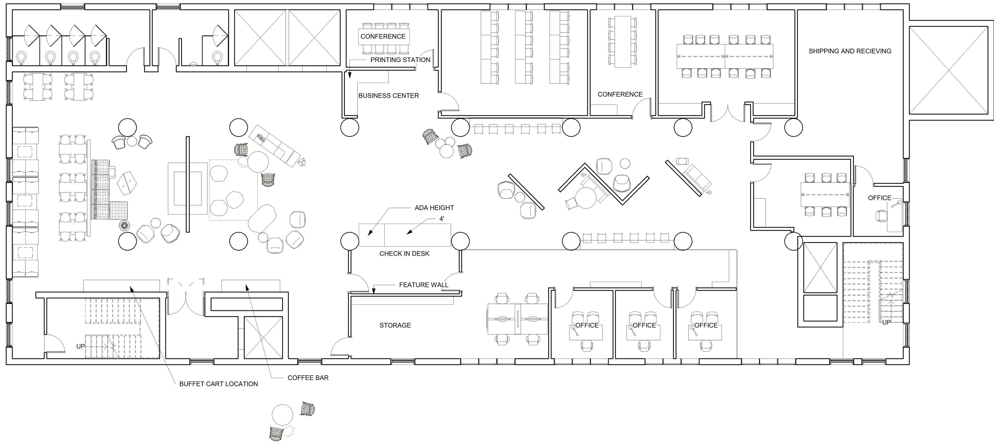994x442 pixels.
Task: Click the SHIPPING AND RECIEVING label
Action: coord(850,51)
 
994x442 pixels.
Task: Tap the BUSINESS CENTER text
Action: coord(388,95)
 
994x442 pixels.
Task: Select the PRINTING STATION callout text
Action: coord(400,60)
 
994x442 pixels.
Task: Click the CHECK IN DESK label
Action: coord(404,254)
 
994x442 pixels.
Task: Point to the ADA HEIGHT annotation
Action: coord(434,208)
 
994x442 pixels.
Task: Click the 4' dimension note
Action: coord(441,219)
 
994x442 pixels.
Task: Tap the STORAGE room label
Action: coord(395,325)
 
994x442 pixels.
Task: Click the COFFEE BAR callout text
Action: coord(308,378)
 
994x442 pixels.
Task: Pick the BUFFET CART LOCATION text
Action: coord(218,384)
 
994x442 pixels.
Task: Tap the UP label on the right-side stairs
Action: coord(886,322)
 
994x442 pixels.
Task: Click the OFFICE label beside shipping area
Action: coord(879,198)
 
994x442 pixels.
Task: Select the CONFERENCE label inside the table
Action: coord(383,36)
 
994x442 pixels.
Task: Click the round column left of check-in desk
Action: coord(350,241)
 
